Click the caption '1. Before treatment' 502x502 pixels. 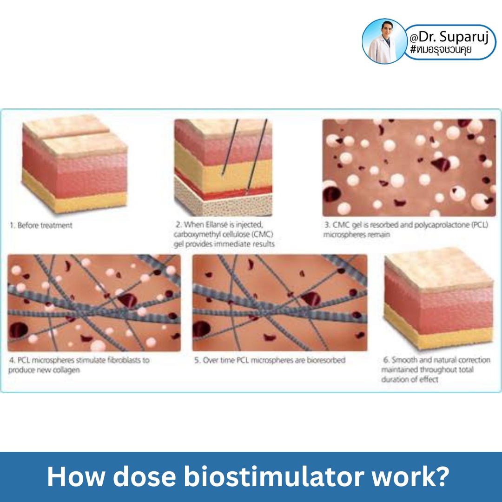point(41,225)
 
